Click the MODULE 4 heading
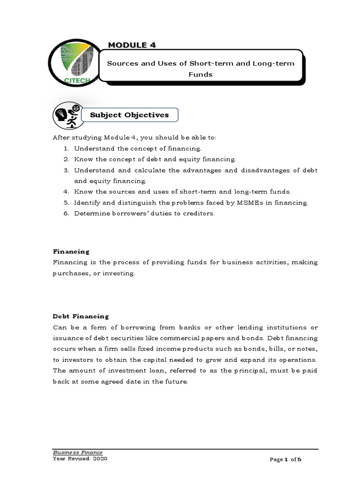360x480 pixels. [x=132, y=45]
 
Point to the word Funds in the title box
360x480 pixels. [x=200, y=74]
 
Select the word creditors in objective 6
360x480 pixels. [x=198, y=214]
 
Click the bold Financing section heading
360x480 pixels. [x=71, y=252]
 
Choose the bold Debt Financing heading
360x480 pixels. [x=81, y=316]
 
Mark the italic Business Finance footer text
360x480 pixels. [x=78, y=452]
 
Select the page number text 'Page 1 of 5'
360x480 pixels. [x=285, y=460]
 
